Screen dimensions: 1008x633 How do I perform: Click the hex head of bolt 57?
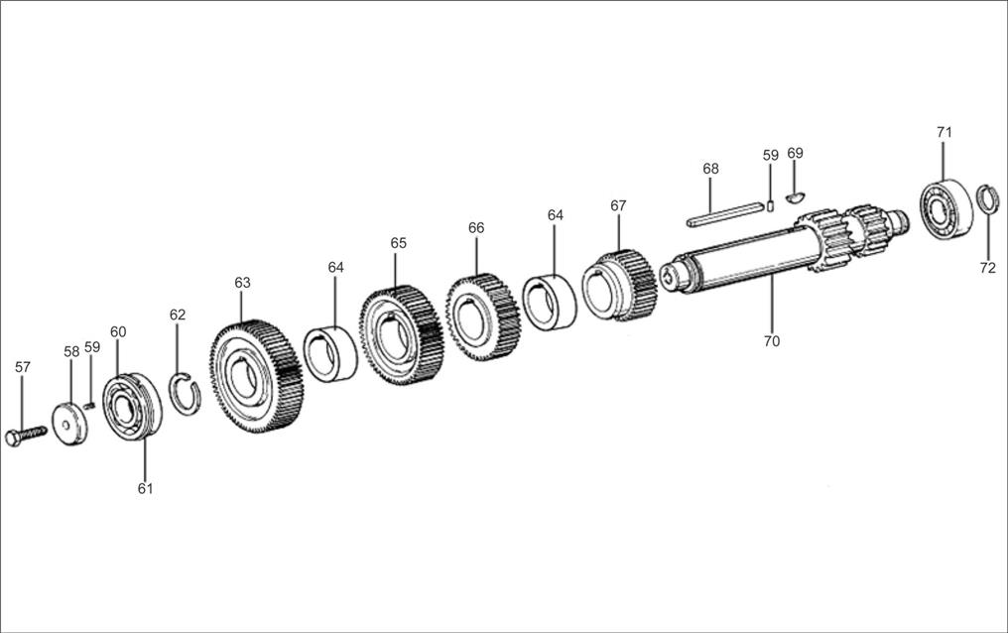(12, 439)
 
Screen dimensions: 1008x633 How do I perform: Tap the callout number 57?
(23, 367)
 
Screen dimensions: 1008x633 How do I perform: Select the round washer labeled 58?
(69, 424)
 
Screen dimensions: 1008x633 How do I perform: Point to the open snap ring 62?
(185, 394)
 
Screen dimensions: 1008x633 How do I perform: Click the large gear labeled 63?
(256, 376)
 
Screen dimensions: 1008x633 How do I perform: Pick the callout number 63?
(242, 283)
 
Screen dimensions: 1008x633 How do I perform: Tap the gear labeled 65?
(401, 335)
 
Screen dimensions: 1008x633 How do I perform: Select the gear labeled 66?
(483, 316)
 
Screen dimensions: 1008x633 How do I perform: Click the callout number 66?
(476, 228)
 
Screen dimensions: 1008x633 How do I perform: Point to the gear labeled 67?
(619, 286)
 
